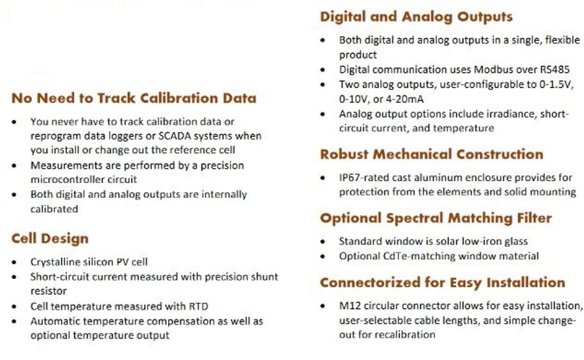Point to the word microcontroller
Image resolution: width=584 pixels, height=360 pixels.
click(67, 179)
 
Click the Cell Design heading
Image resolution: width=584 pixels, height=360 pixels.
click(50, 239)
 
